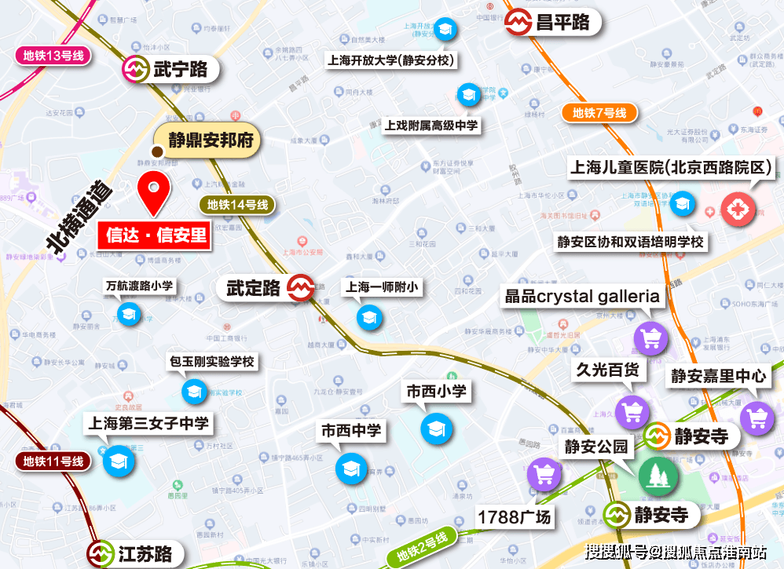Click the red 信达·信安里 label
tap(155, 235)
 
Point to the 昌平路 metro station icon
tap(518, 22)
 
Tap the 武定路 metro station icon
tap(300, 288)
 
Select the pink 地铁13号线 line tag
tap(54, 56)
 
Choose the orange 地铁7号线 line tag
tap(599, 113)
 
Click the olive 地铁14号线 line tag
tap(238, 206)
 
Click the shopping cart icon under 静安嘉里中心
tap(757, 417)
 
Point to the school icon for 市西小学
tap(436, 428)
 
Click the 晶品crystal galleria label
tap(582, 297)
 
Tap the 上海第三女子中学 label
tap(148, 423)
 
